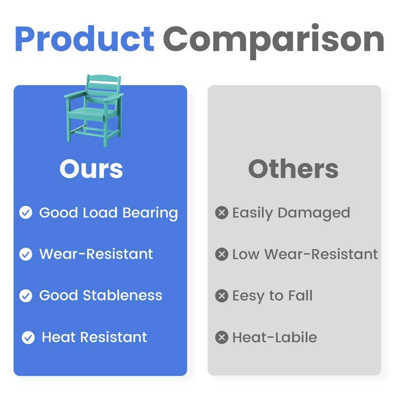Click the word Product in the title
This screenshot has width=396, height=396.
click(x=85, y=39)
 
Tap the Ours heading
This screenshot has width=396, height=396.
click(x=91, y=169)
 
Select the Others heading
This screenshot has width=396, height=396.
click(x=293, y=169)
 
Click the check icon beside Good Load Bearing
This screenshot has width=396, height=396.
click(x=26, y=212)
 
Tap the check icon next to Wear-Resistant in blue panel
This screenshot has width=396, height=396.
click(x=26, y=254)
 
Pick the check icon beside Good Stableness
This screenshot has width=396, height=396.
click(x=26, y=296)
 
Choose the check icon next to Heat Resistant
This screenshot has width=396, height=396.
click(x=28, y=337)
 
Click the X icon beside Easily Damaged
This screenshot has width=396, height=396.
click(x=222, y=213)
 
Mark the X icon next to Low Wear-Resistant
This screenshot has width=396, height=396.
click(x=222, y=254)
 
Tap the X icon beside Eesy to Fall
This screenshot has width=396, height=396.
click(x=222, y=296)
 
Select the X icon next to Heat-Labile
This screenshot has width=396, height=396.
click(x=222, y=337)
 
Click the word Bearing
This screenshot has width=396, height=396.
click(x=150, y=213)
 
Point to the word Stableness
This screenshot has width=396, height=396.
click(x=122, y=295)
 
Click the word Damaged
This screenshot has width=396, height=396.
click(x=314, y=213)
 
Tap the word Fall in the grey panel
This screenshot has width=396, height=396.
click(x=300, y=295)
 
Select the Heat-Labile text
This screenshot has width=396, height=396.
click(x=274, y=337)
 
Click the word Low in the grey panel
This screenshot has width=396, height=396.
click(x=246, y=254)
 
